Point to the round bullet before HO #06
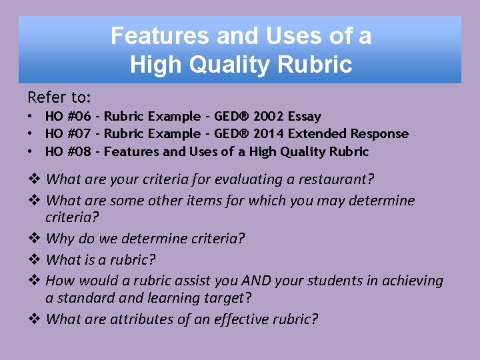[x=32, y=117]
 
